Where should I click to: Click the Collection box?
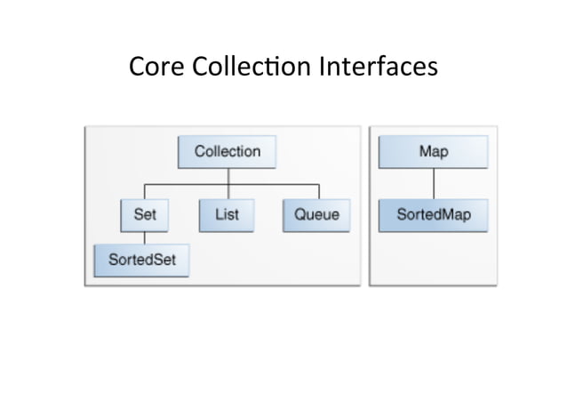click(x=227, y=151)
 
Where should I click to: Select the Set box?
click(x=145, y=215)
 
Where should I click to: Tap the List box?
click(x=227, y=215)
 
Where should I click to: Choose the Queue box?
click(x=316, y=215)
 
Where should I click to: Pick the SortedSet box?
click(x=141, y=260)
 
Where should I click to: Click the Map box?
click(x=433, y=151)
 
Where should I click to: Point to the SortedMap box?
click(x=433, y=215)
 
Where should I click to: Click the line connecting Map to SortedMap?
click(x=434, y=183)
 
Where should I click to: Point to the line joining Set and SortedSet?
click(x=145, y=237)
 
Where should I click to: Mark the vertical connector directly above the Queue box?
click(x=317, y=192)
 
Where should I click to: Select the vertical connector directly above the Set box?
click(x=145, y=192)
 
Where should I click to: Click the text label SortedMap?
click(x=433, y=215)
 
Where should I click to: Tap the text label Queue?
click(x=316, y=215)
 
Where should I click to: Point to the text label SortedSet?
click(x=141, y=260)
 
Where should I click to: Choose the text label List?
click(x=227, y=215)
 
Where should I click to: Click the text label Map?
click(x=433, y=151)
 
